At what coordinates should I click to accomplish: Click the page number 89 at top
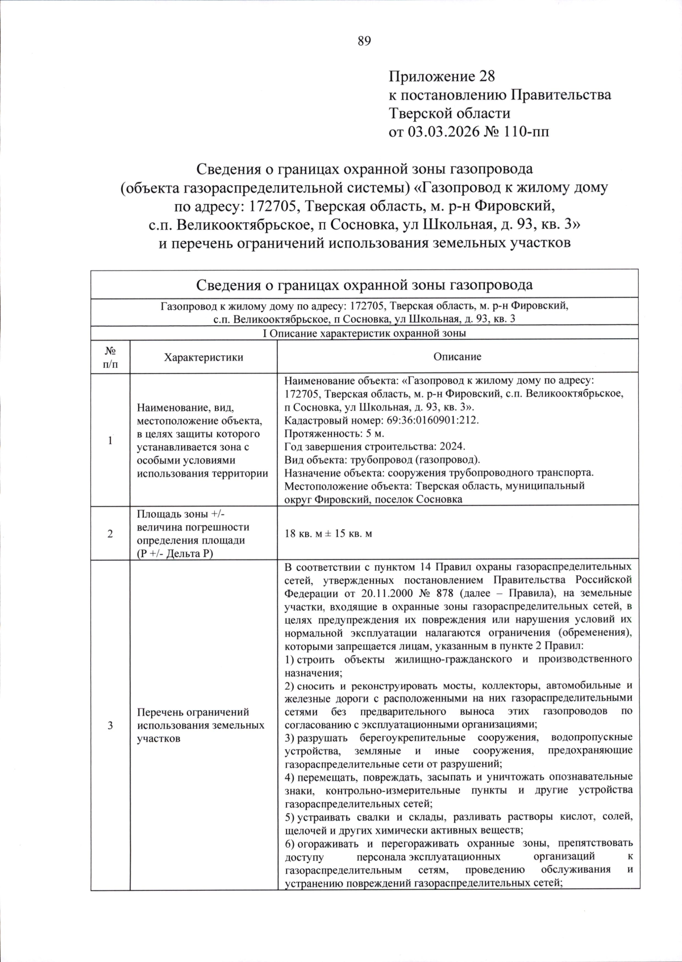click(364, 40)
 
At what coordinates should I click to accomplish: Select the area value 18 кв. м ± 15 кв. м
click(328, 534)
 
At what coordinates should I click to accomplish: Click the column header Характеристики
click(203, 357)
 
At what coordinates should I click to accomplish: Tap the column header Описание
click(457, 357)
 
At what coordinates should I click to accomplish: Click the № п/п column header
click(111, 357)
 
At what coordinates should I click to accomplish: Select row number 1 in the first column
click(110, 441)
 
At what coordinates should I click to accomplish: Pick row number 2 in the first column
click(110, 534)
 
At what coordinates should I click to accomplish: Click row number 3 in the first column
click(110, 725)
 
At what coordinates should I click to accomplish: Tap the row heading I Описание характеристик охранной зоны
click(364, 333)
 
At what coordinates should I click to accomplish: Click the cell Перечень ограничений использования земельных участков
click(201, 725)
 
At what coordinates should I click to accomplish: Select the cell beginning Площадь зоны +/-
click(193, 534)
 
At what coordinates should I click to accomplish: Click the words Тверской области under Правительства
click(450, 114)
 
